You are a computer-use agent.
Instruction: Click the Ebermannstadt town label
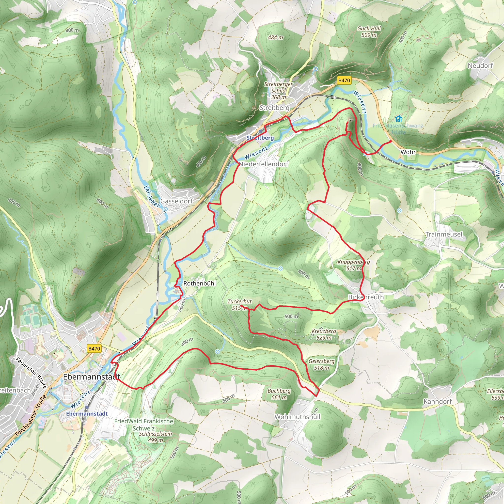click(91, 377)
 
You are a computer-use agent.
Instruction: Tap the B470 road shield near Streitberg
click(344, 80)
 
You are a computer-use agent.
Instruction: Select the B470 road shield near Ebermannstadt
click(94, 348)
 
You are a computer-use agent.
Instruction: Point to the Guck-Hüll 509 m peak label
click(369, 31)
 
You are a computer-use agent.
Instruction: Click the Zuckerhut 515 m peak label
click(239, 304)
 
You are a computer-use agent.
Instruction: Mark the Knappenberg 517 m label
click(353, 265)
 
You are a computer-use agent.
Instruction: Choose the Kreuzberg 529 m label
click(324, 334)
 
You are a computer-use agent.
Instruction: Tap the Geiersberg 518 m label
click(321, 364)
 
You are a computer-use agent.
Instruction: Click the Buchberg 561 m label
click(279, 394)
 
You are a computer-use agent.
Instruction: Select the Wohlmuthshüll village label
click(297, 417)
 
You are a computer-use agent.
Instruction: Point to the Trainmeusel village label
click(444, 234)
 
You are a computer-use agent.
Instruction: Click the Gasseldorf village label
click(176, 201)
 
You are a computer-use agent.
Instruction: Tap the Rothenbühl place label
click(200, 283)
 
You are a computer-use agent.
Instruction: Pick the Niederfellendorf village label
click(264, 164)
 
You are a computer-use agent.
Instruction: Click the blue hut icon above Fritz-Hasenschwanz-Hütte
click(398, 119)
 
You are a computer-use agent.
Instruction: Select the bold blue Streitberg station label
click(260, 138)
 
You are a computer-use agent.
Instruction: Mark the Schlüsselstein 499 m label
click(156, 437)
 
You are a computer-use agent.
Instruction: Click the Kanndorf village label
click(438, 401)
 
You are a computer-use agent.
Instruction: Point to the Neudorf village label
click(480, 65)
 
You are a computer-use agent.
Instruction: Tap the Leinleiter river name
click(152, 196)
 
